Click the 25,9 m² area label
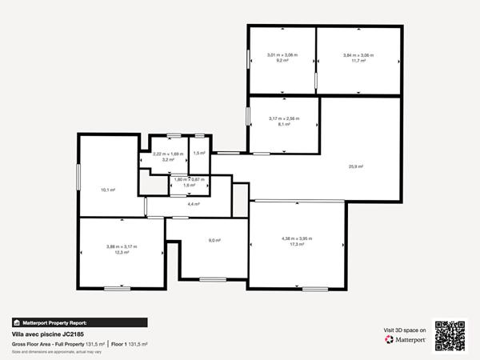(x=355, y=166)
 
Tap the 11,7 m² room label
(x=358, y=61)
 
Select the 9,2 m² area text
(x=282, y=61)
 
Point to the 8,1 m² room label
(x=283, y=124)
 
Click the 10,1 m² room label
(x=107, y=190)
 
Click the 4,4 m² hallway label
(x=193, y=205)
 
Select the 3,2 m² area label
(x=168, y=160)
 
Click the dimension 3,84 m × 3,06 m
(x=358, y=55)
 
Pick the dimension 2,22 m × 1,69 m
(x=168, y=154)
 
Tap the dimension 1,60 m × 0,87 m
(x=190, y=179)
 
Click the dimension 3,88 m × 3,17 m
(x=122, y=246)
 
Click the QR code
(x=450, y=335)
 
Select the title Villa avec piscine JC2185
(x=48, y=334)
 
